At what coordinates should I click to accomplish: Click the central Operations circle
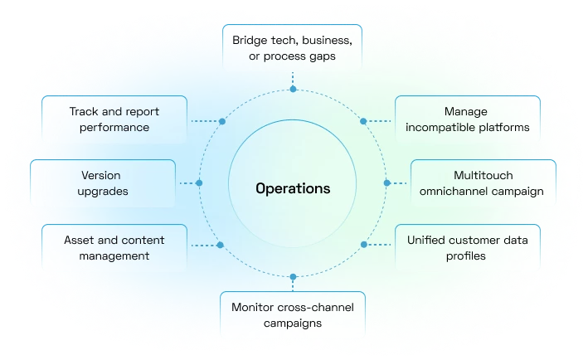tap(293, 188)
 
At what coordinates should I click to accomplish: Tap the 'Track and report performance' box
tap(114, 119)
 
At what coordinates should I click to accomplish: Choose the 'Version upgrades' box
tap(102, 183)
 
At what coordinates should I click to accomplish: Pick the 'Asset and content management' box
tap(114, 247)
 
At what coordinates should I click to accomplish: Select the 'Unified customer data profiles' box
tap(469, 247)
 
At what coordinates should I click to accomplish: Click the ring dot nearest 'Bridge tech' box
tap(293, 88)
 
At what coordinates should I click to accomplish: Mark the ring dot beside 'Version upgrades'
tap(200, 182)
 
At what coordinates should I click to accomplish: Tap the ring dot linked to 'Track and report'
tap(221, 121)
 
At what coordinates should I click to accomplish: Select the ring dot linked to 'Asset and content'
tap(220, 245)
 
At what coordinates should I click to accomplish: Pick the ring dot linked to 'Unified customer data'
tap(364, 245)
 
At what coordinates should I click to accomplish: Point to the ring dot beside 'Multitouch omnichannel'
tap(386, 182)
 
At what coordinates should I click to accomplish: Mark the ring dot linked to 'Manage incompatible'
tap(363, 121)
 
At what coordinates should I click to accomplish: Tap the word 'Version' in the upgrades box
tap(102, 176)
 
